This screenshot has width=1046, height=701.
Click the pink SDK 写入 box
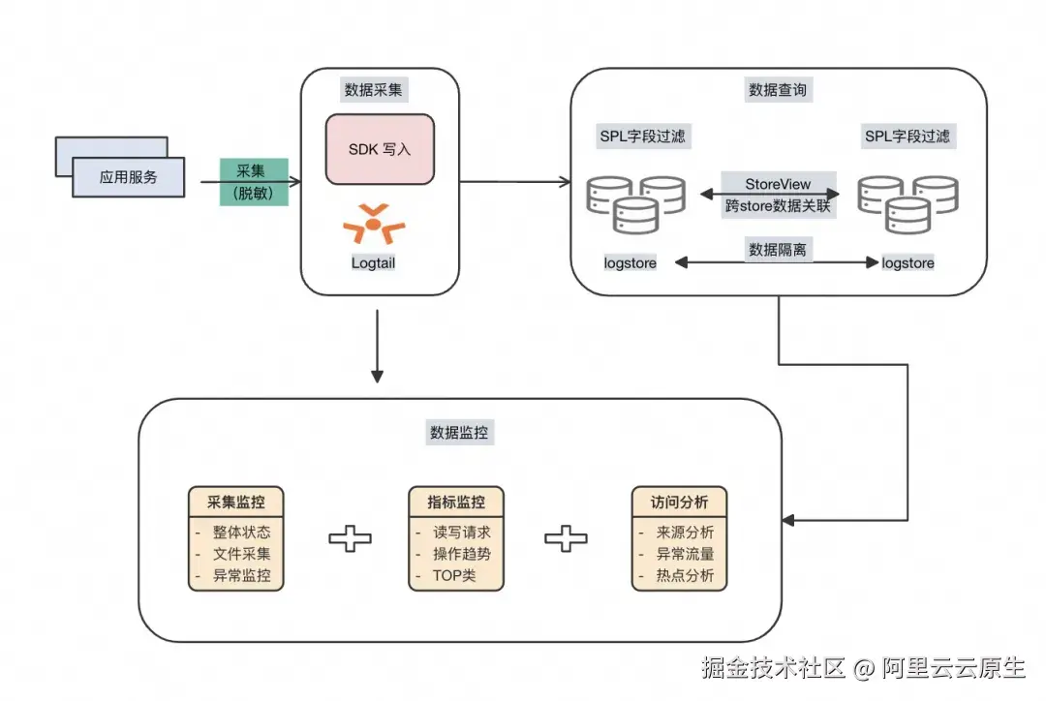point(380,149)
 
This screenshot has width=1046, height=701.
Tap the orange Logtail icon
point(374,224)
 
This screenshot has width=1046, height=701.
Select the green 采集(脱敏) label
point(254,181)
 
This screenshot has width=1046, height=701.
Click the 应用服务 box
point(128,177)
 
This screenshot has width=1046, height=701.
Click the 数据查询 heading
point(779,90)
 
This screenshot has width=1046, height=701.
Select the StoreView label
point(778,184)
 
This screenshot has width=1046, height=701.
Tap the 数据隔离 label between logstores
point(778,250)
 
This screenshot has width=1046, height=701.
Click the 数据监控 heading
point(462,433)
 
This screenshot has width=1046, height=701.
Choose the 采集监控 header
point(235,503)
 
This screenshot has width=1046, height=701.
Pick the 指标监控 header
point(456,503)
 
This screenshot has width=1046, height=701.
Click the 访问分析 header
point(678,503)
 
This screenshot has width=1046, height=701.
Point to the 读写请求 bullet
point(461,533)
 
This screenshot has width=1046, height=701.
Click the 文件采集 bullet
point(241,555)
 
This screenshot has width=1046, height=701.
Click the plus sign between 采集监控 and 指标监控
point(350,539)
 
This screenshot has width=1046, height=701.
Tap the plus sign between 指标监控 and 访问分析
point(566,539)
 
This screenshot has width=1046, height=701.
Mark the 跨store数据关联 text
point(778,205)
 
